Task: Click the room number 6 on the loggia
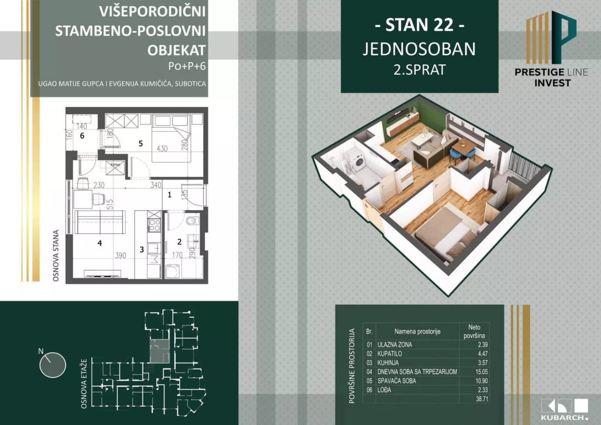click(x=82, y=136)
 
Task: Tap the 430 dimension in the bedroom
click(x=162, y=149)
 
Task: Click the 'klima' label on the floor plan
click(x=115, y=165)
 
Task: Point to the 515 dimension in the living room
click(x=110, y=204)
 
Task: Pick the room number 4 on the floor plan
click(x=100, y=243)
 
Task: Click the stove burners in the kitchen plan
click(x=154, y=225)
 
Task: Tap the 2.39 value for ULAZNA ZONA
click(x=483, y=345)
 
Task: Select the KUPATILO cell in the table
click(x=390, y=354)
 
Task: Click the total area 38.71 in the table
click(x=482, y=399)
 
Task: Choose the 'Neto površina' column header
click(x=474, y=331)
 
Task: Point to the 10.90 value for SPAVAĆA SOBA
click(x=481, y=381)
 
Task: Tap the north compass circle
click(x=53, y=365)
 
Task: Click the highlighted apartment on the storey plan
click(x=160, y=351)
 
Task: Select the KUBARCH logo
click(x=565, y=409)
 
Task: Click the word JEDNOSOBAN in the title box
click(x=419, y=49)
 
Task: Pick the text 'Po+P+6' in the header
click(x=187, y=66)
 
